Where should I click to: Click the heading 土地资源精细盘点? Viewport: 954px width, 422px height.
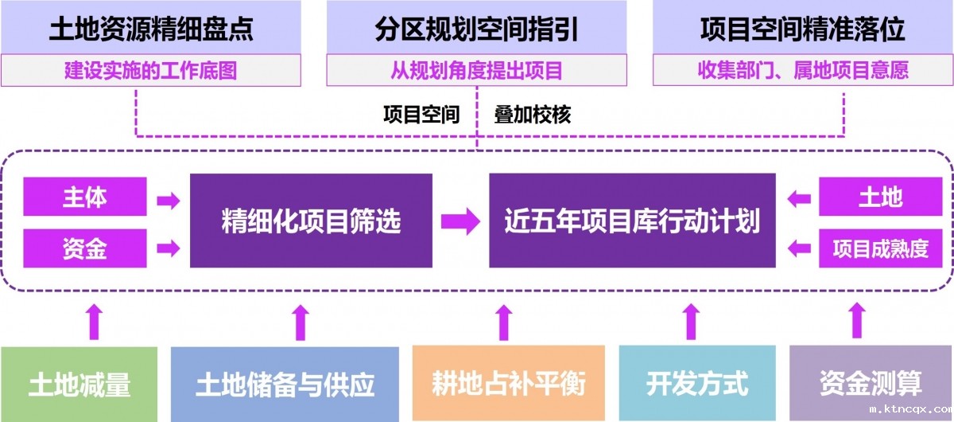tap(151, 29)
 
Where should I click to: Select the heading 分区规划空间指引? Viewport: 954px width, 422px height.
tap(476, 29)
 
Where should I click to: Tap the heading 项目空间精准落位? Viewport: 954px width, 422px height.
tap(802, 29)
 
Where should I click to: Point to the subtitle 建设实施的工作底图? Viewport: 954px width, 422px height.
tap(151, 70)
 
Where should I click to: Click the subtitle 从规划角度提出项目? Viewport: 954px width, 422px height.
tap(476, 70)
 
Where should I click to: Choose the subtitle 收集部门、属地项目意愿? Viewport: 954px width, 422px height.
tap(802, 70)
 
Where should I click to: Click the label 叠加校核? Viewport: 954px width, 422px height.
tap(532, 115)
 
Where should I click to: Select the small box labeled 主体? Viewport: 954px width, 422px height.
tap(85, 197)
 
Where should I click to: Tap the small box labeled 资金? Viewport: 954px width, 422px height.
tap(85, 248)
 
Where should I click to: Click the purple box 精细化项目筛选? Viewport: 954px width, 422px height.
tap(311, 221)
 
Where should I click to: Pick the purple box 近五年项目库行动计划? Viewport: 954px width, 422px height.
tap(632, 221)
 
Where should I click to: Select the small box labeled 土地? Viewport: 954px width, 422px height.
tap(881, 197)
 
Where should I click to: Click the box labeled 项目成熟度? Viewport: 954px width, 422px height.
tap(881, 248)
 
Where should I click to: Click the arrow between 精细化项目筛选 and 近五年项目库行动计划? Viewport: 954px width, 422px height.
tap(460, 221)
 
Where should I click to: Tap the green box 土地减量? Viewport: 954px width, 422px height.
tap(79, 384)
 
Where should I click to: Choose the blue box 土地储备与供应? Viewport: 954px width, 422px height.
tap(285, 384)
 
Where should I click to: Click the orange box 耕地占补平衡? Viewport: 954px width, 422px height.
tap(509, 384)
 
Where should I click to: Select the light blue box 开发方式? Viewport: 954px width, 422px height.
tap(697, 384)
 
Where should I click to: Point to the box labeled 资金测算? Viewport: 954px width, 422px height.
tap(871, 384)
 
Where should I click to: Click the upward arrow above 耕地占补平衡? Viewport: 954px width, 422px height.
tap(502, 322)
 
